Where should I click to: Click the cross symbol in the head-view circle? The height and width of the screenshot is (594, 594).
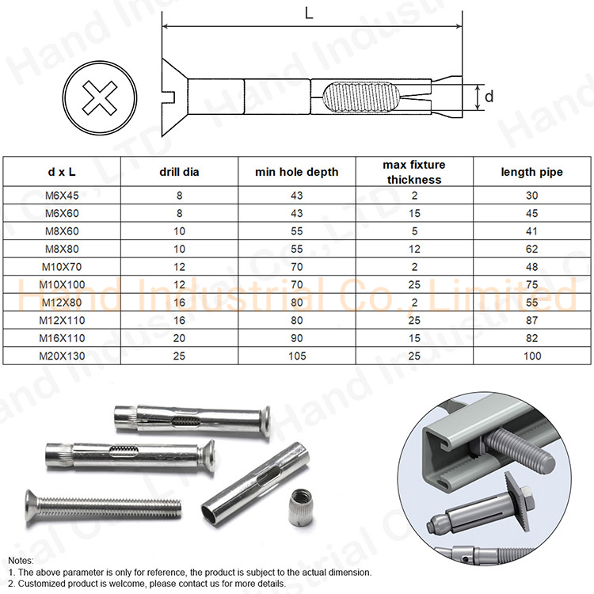100,97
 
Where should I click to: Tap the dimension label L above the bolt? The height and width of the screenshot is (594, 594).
309,14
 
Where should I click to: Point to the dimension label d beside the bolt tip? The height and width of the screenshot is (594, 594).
489,96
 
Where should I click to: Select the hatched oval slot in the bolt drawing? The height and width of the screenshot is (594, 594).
358,96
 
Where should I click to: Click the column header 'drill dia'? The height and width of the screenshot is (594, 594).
179,172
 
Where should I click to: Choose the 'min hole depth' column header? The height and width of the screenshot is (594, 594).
297,172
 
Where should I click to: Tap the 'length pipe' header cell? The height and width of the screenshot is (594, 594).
532,172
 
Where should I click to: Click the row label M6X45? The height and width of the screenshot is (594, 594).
62,196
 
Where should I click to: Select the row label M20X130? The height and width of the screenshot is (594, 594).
62,356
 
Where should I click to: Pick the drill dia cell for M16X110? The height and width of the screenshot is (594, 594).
179,338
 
